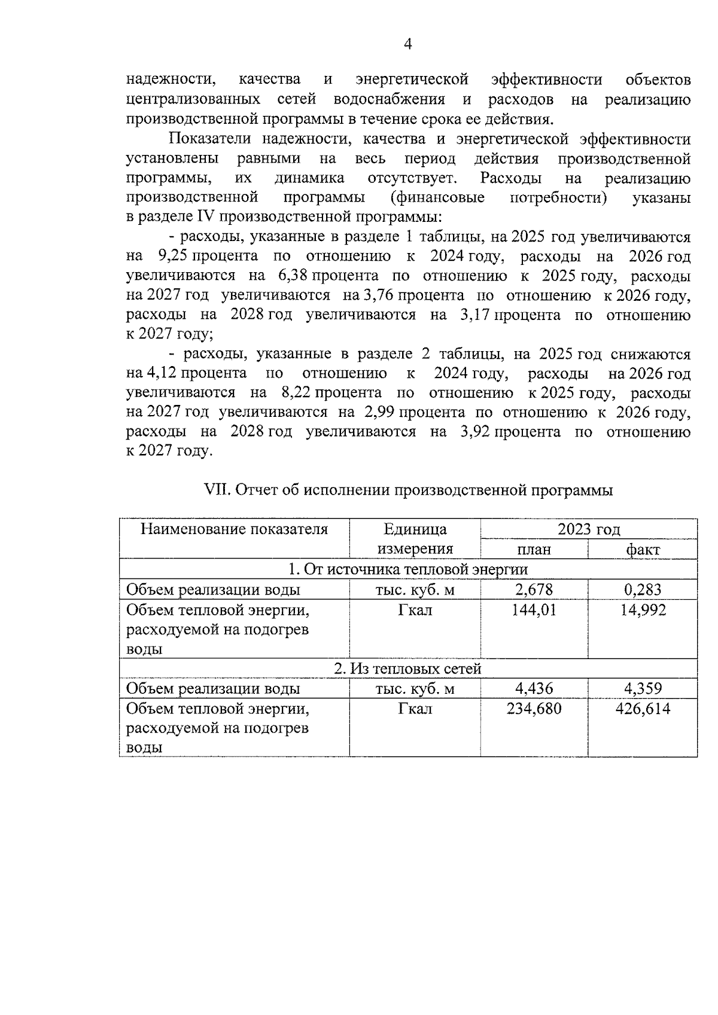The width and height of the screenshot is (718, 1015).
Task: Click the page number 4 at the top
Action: click(x=408, y=44)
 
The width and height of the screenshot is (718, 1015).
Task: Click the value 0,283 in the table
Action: click(x=643, y=590)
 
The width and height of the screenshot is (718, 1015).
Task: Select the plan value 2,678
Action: click(x=534, y=590)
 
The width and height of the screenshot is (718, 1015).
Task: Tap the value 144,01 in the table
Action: click(x=534, y=610)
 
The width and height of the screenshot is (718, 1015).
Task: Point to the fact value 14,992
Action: click(x=643, y=610)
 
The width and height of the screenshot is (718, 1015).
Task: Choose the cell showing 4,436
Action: click(x=534, y=688)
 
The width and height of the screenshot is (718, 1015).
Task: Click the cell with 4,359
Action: click(x=643, y=688)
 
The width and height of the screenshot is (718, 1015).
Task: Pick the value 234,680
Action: click(x=534, y=709)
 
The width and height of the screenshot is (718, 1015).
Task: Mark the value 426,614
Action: click(x=643, y=709)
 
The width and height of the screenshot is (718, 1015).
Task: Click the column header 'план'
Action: click(x=534, y=549)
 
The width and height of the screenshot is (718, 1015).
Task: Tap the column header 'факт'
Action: click(x=643, y=549)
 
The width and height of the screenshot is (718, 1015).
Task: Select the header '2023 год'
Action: click(x=589, y=529)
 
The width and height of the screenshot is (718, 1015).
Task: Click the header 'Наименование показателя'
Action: click(x=234, y=529)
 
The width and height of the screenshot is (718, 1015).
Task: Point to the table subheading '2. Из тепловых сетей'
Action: click(x=407, y=669)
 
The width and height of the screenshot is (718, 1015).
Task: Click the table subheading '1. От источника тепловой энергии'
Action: click(x=407, y=569)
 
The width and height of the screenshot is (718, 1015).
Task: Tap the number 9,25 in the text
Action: click(x=172, y=257)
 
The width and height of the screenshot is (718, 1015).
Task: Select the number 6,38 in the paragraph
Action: click(x=293, y=276)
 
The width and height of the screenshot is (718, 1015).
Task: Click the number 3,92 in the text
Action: click(x=476, y=432)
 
